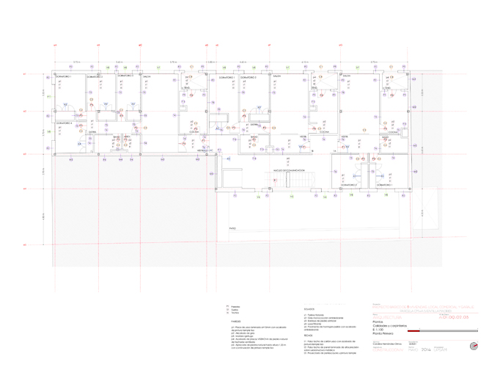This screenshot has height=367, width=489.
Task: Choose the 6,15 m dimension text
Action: coord(43,133)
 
